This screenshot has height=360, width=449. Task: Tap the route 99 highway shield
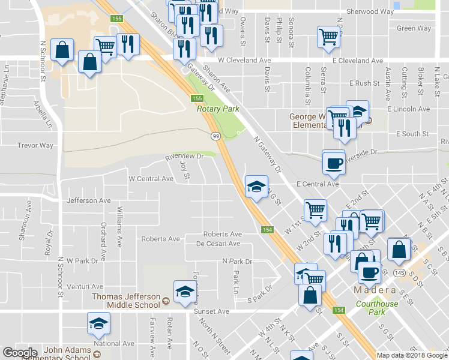pyautogui.click(x=215, y=136)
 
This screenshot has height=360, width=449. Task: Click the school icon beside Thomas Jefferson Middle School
pyautogui.click(x=184, y=292)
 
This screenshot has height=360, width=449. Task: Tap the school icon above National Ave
pyautogui.click(x=98, y=324)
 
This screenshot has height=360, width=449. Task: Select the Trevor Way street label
pyautogui.click(x=35, y=145)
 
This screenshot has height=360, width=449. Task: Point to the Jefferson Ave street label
pyautogui.click(x=89, y=200)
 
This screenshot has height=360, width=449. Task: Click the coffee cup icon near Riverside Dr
pyautogui.click(x=333, y=162)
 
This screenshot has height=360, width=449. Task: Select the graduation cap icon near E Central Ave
pyautogui.click(x=256, y=186)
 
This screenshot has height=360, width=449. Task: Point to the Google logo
pyautogui.click(x=20, y=353)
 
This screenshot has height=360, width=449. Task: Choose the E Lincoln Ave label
pyautogui.click(x=409, y=109)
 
